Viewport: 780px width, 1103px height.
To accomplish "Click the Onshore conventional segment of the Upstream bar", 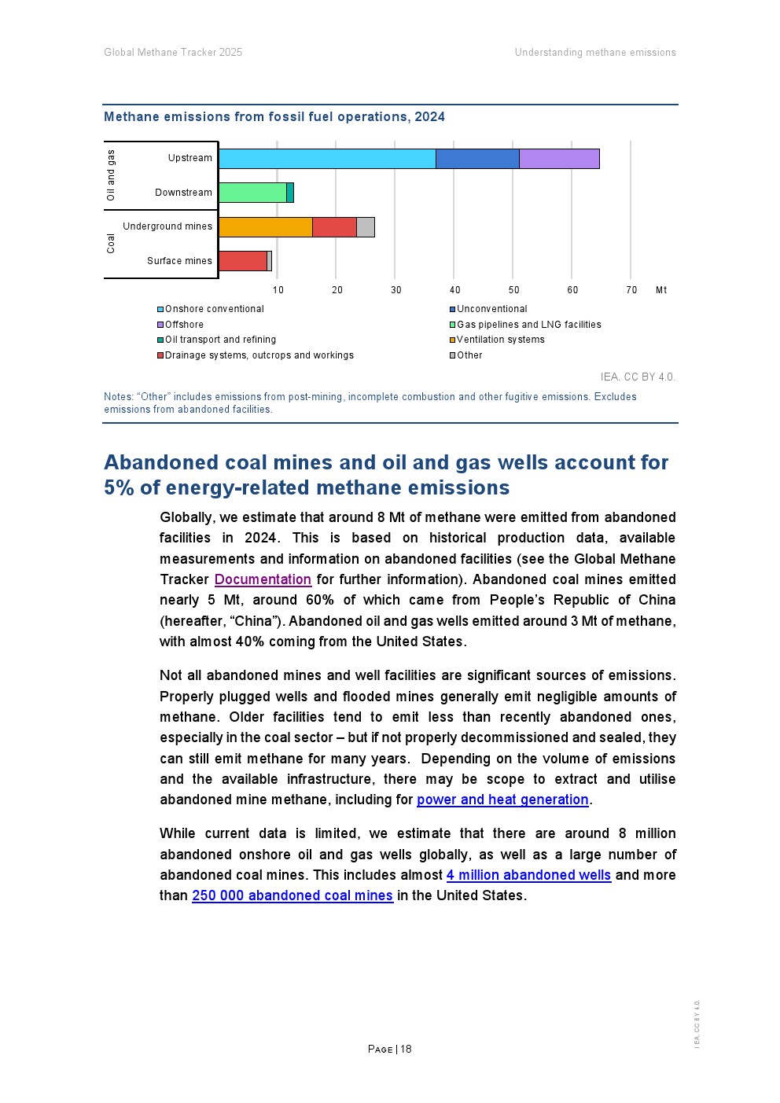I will tap(327, 159).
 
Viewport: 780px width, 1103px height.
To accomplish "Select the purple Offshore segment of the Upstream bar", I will tap(559, 159).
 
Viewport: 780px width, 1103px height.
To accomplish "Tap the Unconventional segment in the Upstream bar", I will tap(477, 159).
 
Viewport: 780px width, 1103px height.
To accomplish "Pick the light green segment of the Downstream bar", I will tap(252, 193).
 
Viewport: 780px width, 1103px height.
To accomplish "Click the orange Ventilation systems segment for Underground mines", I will tap(266, 227).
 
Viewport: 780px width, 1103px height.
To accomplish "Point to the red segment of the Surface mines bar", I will tap(243, 261).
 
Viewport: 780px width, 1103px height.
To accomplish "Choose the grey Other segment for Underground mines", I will tap(366, 227).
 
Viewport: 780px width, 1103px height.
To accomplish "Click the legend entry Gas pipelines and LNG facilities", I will tap(528, 325).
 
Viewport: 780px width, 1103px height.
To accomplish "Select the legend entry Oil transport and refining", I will tap(220, 340).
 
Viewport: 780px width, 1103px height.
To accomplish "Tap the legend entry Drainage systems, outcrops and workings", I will tap(259, 355).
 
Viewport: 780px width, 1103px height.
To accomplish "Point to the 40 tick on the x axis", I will tap(455, 290).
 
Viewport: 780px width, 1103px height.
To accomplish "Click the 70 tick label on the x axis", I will tap(631, 290).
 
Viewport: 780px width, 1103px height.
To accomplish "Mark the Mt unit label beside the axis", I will tap(661, 290).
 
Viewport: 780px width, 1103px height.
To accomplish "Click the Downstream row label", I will tap(183, 193).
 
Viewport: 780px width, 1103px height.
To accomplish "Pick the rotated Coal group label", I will tap(111, 244).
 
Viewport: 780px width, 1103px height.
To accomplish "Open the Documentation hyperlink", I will tap(263, 579).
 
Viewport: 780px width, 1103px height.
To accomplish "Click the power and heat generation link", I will tap(502, 800).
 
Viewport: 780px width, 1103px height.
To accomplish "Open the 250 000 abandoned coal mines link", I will tap(292, 895).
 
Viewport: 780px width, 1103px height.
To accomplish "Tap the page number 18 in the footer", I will tap(406, 1049).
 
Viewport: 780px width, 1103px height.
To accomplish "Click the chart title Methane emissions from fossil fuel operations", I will tap(274, 117).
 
